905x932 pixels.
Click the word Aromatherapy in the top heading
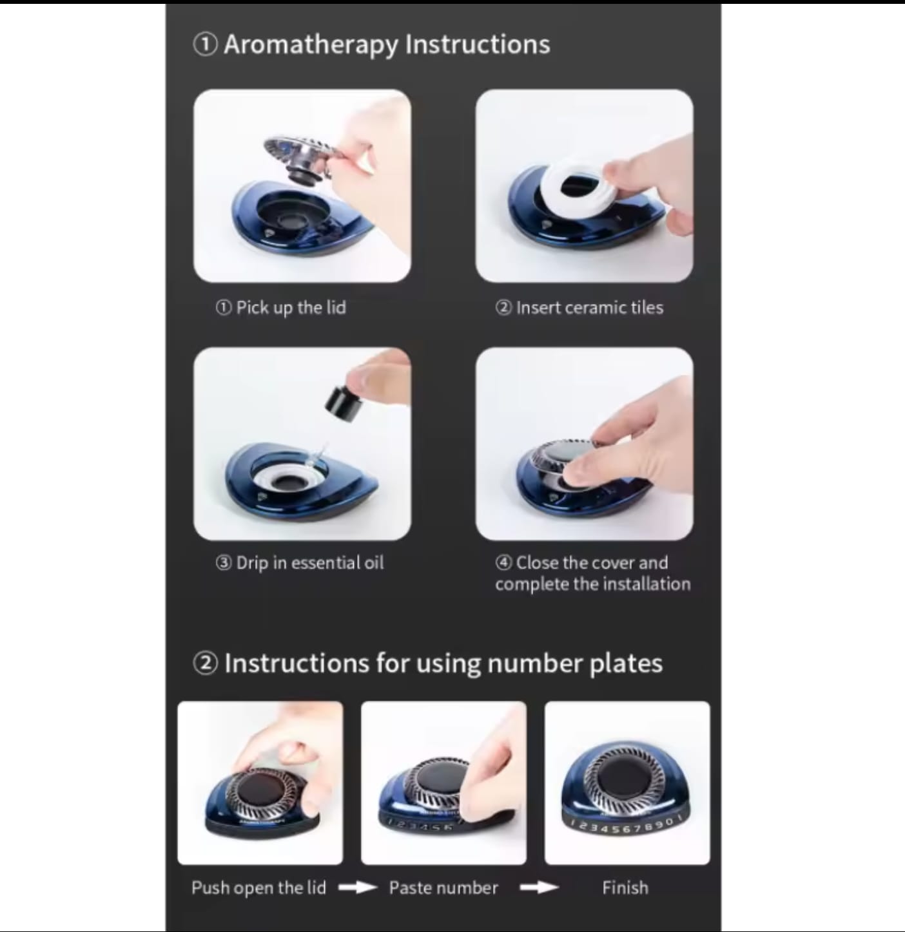pos(311,45)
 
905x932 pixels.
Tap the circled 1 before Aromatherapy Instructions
pos(205,44)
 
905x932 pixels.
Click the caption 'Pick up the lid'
pos(291,308)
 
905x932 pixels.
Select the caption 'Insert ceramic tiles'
pos(590,307)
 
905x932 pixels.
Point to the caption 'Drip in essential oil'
pos(309,563)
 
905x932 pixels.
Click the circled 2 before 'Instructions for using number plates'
pos(205,664)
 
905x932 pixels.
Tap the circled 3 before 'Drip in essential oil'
pos(224,563)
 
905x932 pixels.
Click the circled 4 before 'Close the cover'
pos(503,563)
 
